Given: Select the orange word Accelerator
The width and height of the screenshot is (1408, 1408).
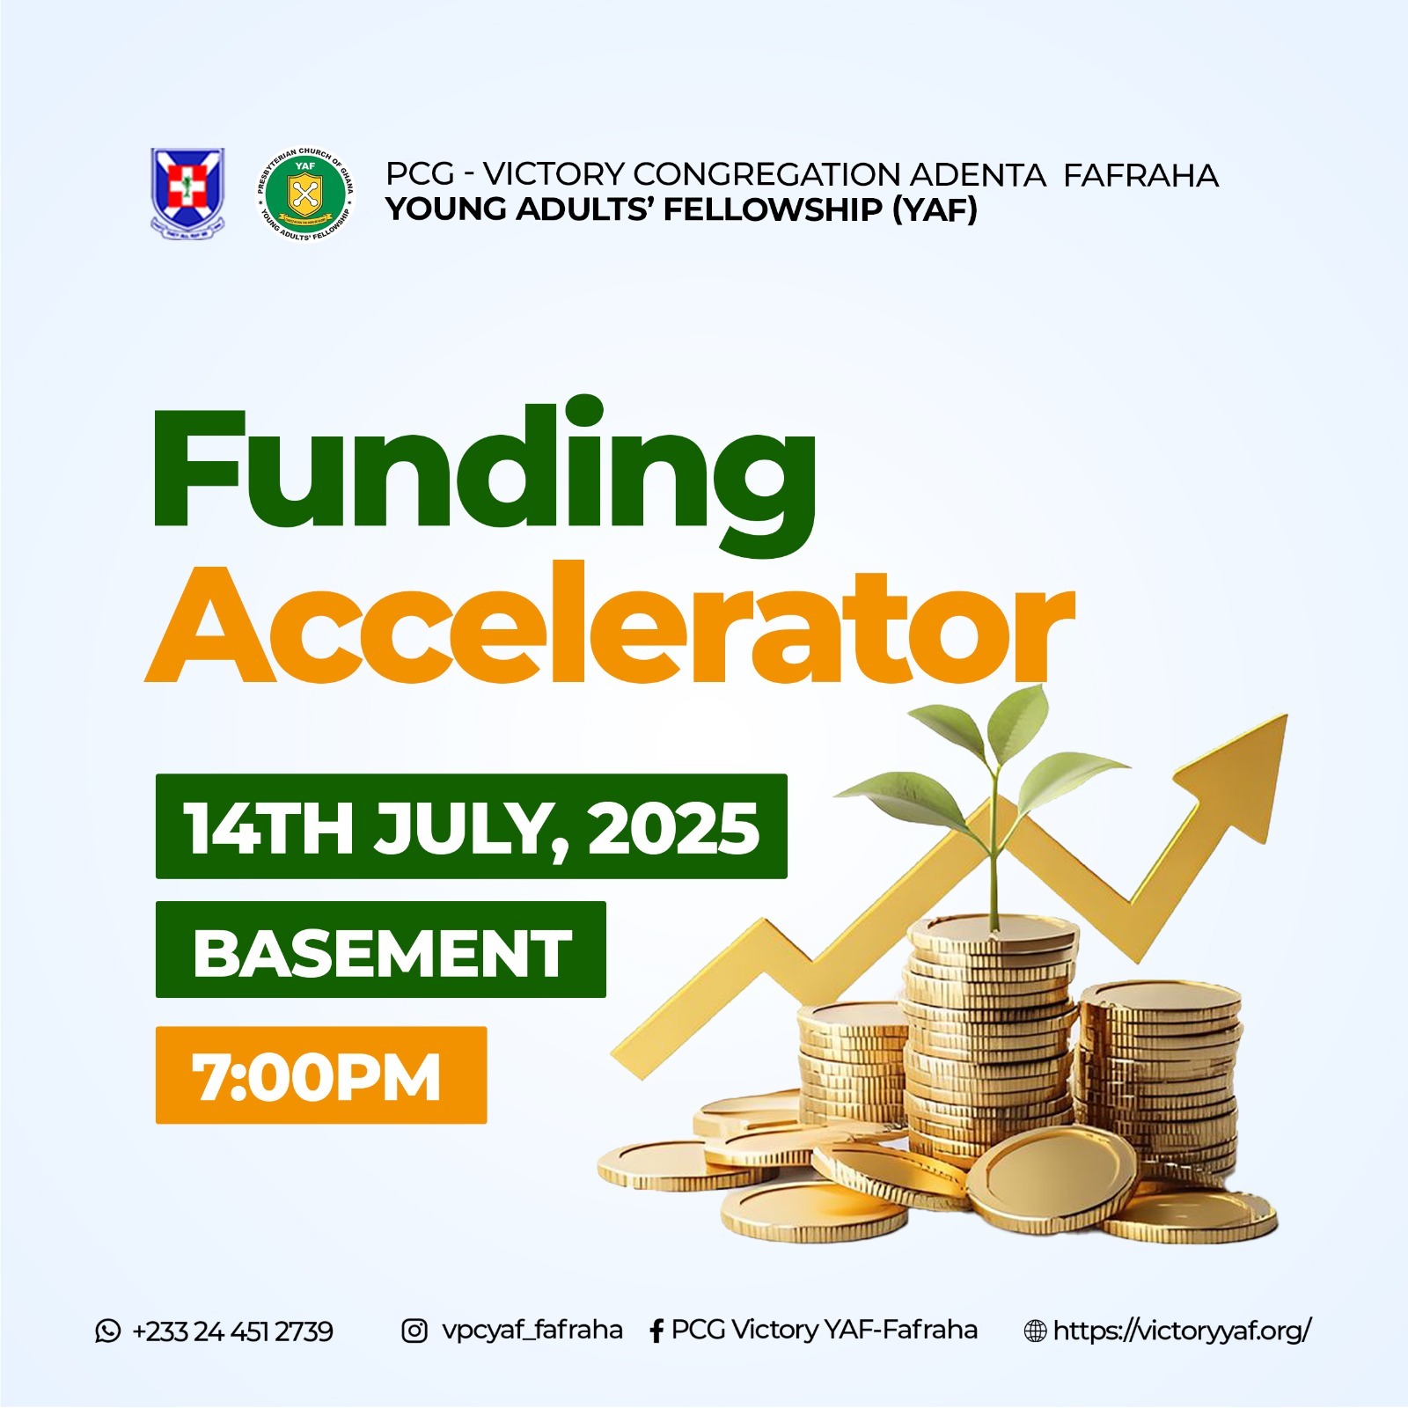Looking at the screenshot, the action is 609,624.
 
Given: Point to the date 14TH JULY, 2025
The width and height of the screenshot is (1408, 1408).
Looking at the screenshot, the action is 472,826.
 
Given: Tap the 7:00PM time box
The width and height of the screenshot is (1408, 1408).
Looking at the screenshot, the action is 321,1075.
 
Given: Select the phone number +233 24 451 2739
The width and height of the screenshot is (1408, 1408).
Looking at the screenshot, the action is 232,1331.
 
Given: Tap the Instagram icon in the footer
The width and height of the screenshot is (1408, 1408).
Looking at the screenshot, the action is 414,1331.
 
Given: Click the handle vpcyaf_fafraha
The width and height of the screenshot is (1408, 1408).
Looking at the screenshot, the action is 532,1331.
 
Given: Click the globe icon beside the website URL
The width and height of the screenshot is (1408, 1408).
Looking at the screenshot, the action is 1036,1331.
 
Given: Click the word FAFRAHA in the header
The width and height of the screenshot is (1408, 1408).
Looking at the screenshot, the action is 1140,174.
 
